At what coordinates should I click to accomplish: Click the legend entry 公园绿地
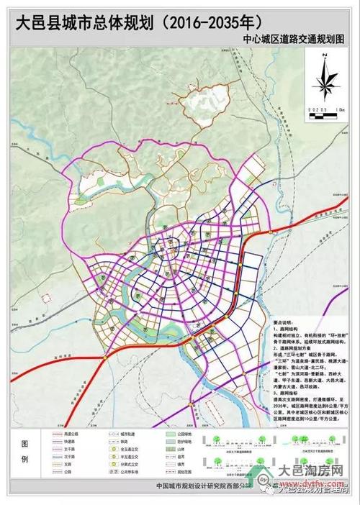coord(184,435)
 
